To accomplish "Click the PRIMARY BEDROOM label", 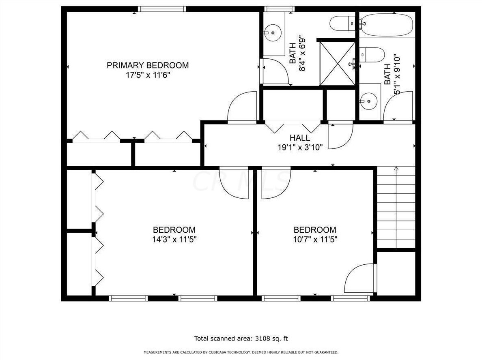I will point(148,65).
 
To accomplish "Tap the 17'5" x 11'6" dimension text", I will point(148,75).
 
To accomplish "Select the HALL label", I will point(300,138).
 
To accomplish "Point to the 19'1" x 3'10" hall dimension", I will point(300,148).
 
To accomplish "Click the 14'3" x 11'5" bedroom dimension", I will point(174,239).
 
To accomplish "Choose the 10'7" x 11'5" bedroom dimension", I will point(315,239).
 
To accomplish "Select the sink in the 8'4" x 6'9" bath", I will point(273,32).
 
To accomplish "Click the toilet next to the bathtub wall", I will point(343,24).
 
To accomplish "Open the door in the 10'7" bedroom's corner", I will point(360,279).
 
